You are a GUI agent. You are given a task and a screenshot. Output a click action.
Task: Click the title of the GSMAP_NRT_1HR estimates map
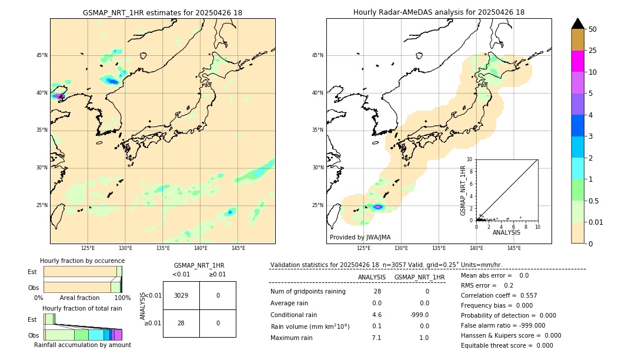tap(162, 12)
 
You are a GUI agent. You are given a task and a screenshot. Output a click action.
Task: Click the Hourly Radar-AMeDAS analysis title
tap(439, 12)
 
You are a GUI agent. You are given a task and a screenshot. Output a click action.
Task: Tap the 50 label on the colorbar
tap(593, 29)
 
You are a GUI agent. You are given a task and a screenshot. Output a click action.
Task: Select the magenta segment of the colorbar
tap(577, 61)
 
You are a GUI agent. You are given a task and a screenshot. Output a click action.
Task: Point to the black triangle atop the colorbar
tap(577, 24)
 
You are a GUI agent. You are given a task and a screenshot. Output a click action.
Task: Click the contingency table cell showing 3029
tap(181, 295)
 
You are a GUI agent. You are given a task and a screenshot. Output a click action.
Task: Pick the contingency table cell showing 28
tap(181, 323)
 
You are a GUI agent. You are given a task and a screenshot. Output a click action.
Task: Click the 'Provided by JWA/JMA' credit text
tap(360, 238)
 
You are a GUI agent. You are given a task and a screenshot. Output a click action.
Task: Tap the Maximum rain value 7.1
tap(376, 338)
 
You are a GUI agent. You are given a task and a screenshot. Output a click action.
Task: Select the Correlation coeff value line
tap(499, 295)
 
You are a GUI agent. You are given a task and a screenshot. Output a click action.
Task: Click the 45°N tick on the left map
tap(42, 55)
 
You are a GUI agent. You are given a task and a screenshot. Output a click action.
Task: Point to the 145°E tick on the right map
tap(514, 249)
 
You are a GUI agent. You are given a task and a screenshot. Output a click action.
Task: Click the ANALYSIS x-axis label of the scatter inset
tap(506, 232)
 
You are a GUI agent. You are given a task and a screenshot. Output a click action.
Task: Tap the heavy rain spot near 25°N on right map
tap(377, 206)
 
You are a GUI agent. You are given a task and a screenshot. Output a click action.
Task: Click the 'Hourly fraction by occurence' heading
tap(82, 261)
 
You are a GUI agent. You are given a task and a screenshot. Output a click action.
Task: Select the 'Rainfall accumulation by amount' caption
tap(82, 345)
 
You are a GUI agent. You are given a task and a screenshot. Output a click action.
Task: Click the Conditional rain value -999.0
tap(419, 315)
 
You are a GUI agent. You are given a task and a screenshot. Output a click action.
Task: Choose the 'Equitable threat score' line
tap(507, 345)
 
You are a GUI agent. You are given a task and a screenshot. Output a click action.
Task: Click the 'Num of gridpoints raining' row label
tap(308, 292)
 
